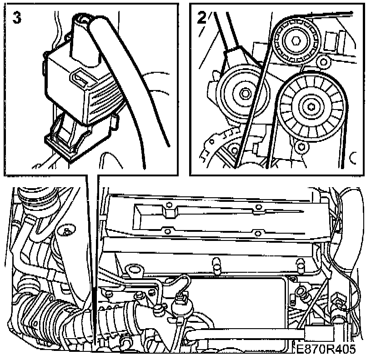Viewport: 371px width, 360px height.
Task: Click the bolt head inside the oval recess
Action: [x=67, y=232]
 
